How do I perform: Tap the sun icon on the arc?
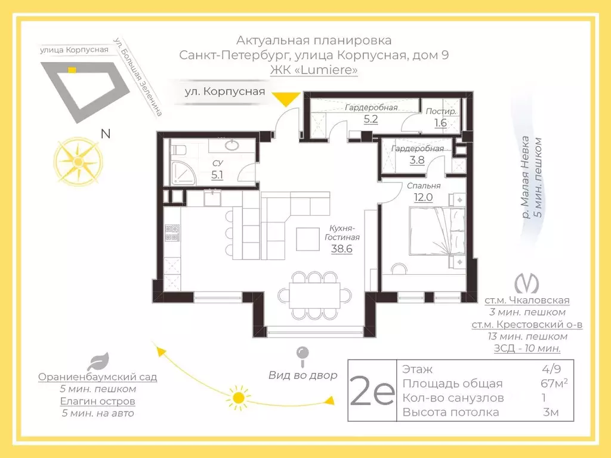pos(239,397)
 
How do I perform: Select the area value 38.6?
pos(342,249)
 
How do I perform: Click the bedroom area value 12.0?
pos(419,197)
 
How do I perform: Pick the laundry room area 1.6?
pos(440,123)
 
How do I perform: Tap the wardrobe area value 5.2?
pos(371,118)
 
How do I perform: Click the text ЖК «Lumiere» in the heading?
pos(314,70)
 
